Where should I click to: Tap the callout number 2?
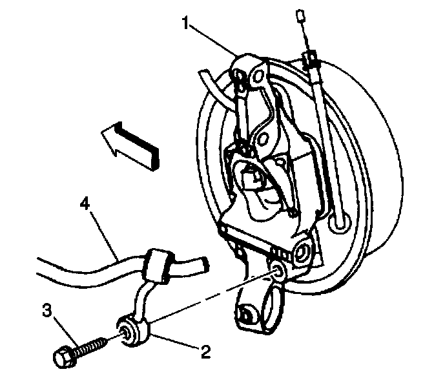206,352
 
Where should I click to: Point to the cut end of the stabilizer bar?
203,264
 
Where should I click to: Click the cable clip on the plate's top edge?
310,59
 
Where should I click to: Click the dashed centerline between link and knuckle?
213,297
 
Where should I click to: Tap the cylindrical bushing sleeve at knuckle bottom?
254,311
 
